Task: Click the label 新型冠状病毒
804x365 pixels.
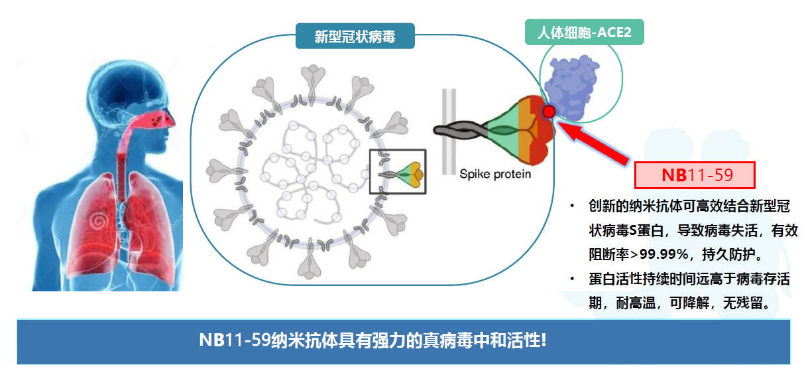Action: tap(355, 36)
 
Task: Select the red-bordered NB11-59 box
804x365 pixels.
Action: tap(695, 175)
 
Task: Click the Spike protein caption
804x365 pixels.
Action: tap(495, 174)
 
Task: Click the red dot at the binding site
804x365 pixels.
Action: tap(549, 111)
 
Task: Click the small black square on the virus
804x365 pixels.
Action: tap(397, 171)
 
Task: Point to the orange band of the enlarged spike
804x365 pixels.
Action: tap(526, 129)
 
